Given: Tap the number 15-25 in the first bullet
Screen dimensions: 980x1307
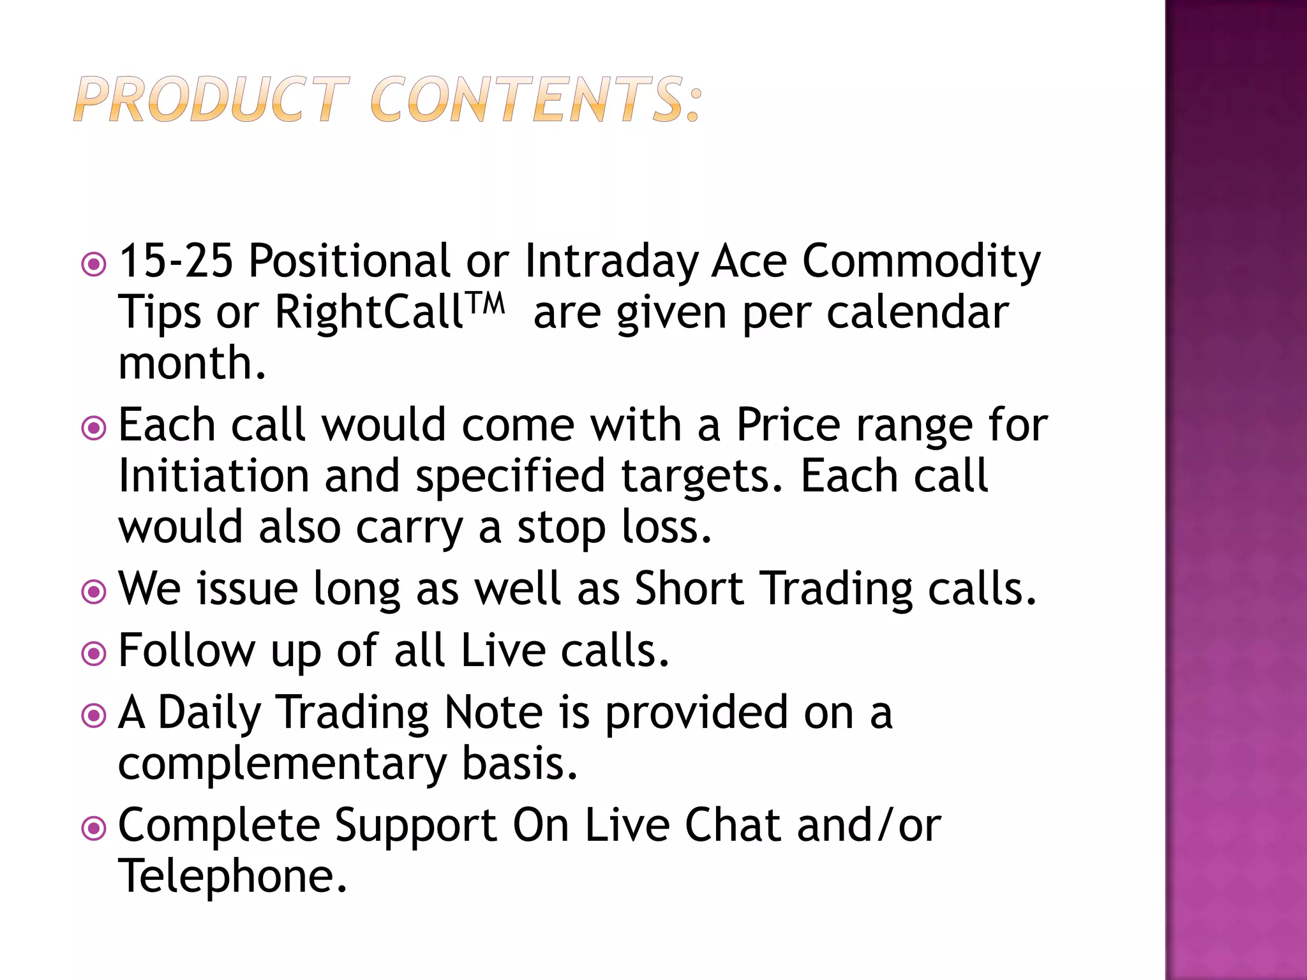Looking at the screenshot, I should (176, 261).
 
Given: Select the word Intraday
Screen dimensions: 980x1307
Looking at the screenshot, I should (611, 262).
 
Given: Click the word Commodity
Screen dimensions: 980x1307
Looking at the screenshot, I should (921, 262).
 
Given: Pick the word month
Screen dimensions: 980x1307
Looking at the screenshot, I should (191, 363).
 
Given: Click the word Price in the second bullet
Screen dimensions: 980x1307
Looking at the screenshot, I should (788, 425).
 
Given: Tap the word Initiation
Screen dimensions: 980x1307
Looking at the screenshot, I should (214, 476).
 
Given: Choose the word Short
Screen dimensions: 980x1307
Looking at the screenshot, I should (689, 588).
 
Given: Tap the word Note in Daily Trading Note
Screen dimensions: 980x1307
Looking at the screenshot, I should (493, 712).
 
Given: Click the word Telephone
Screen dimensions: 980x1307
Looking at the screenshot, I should (233, 876).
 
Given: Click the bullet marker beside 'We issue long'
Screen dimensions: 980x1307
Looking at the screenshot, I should (94, 591).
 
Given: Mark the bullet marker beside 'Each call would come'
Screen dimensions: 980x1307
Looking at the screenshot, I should (94, 428).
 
